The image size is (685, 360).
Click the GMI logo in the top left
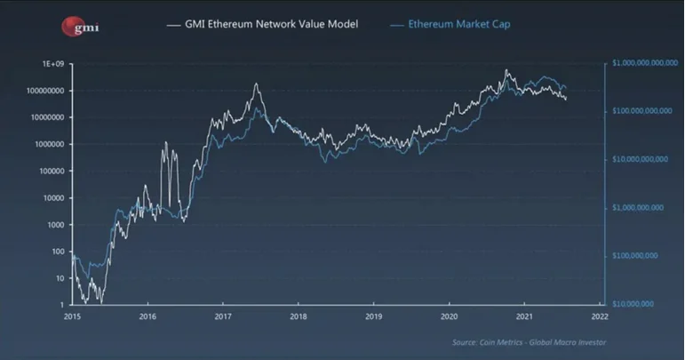click(x=81, y=26)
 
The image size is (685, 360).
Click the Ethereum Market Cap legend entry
click(x=458, y=25)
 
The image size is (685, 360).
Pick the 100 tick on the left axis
click(x=60, y=252)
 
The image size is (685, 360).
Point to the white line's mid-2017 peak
click(x=256, y=84)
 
